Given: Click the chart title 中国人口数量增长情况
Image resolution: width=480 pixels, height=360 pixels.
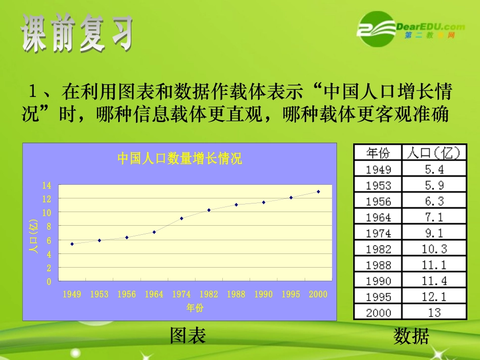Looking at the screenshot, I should (x=180, y=159).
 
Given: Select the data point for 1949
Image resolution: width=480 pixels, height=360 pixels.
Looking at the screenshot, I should (x=72, y=244).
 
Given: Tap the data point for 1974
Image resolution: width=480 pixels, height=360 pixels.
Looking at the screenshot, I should (x=181, y=218).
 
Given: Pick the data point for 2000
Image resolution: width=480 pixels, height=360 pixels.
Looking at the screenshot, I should (x=318, y=191).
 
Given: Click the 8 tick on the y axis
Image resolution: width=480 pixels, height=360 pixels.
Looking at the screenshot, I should (x=49, y=227).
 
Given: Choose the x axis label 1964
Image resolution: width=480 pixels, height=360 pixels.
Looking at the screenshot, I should (x=154, y=294).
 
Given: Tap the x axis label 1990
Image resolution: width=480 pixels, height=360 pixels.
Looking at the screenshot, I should (x=263, y=294).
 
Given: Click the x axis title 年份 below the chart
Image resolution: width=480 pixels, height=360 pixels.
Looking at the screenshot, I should (x=195, y=307).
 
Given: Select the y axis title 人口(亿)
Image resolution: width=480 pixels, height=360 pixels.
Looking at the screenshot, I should (x=34, y=235).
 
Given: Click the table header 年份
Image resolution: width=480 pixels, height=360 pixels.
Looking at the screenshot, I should (x=378, y=153).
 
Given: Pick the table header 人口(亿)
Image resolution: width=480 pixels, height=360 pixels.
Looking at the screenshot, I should (x=434, y=153).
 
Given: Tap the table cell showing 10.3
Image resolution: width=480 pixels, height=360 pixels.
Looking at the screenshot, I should (x=434, y=248).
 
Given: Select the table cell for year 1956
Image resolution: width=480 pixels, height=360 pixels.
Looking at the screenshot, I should (x=378, y=201).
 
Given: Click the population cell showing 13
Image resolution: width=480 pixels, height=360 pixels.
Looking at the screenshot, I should (x=434, y=313).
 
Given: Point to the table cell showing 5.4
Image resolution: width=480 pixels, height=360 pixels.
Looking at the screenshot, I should (x=434, y=169).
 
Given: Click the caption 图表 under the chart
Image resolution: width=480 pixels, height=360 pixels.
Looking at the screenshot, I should (x=188, y=336).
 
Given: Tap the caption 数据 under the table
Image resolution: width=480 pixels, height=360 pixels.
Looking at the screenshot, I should (x=411, y=336).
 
